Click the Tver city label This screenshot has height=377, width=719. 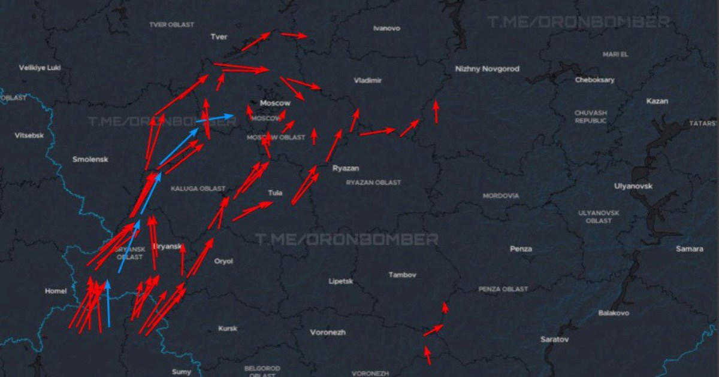click(219, 37)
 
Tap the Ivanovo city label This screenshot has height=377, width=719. click(386, 28)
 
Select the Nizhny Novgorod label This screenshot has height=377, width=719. click(487, 69)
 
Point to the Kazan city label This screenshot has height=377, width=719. click(657, 101)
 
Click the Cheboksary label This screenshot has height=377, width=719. click(594, 80)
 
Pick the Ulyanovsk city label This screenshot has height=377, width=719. click(633, 186)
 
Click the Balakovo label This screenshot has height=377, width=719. click(614, 313)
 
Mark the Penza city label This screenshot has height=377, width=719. click(521, 248)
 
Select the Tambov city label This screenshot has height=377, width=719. click(402, 275)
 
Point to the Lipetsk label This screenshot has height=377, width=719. click(340, 281)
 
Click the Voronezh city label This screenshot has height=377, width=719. click(328, 332)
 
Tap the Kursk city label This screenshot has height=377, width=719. click(228, 329)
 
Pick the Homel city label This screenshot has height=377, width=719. click(56, 291)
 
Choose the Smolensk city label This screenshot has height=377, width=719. click(90, 159)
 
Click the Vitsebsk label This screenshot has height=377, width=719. click(29, 136)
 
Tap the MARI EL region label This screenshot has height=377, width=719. click(615, 54)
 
